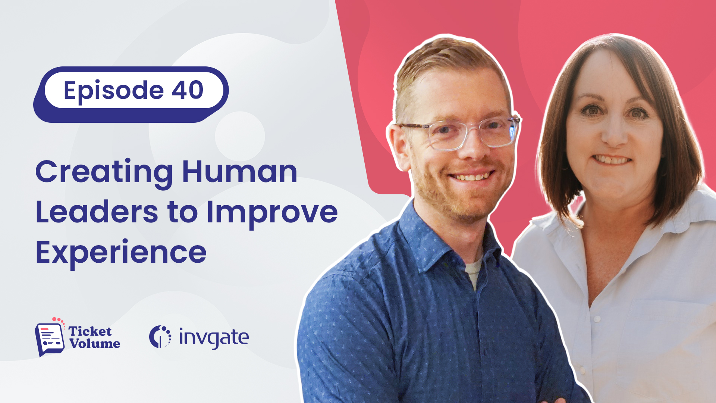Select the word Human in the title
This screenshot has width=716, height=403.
click(239, 171)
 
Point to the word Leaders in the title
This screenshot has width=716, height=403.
click(97, 212)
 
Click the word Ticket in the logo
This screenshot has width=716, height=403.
click(90, 331)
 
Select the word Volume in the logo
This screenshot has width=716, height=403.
click(95, 343)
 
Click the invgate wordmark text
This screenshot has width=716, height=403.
click(214, 338)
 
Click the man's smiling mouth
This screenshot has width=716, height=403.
click(472, 176)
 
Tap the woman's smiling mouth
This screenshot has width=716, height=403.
click(612, 160)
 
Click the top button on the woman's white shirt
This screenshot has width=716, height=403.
click(597, 319)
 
